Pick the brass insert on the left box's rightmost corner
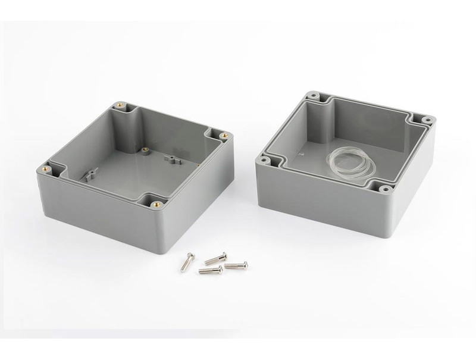[x=224, y=136]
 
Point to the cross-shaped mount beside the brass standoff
[x=172, y=159]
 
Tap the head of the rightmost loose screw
[x=243, y=264]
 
